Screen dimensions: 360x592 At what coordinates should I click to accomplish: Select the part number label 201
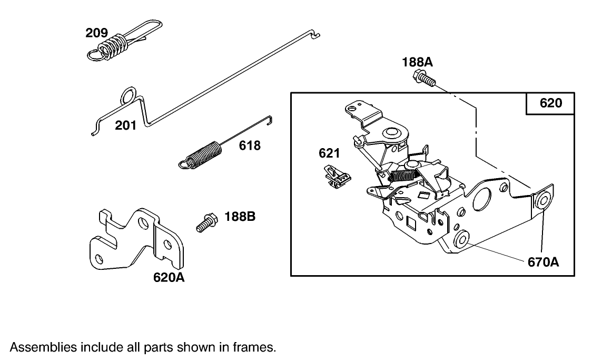coord(126,125)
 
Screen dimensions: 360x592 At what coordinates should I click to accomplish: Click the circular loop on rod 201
coord(128,95)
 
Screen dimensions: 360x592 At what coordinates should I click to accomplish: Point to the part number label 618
coord(250,145)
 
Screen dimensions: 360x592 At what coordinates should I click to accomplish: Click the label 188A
coord(417,62)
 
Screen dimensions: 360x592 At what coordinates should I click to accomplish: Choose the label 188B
coord(240,216)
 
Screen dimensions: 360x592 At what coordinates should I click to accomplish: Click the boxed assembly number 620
coord(550,103)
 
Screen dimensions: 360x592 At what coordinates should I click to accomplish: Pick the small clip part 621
coord(336,176)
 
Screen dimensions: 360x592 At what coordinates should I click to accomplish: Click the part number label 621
coord(329,153)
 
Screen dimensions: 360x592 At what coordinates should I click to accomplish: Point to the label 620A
coord(169,277)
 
